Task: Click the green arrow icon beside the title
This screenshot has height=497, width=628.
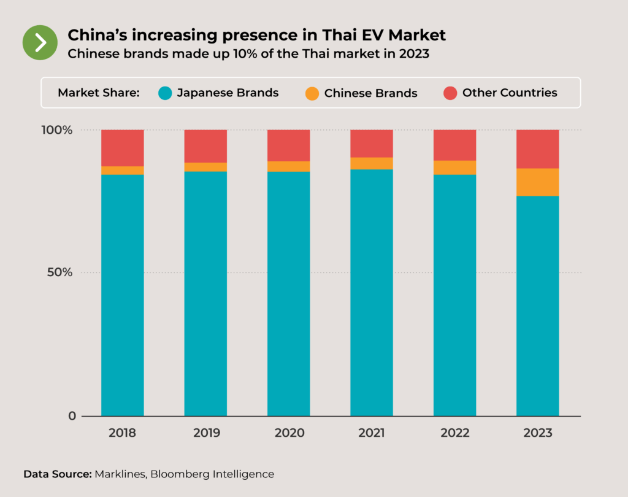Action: (x=40, y=42)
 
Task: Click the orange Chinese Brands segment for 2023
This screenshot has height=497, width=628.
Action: (x=537, y=182)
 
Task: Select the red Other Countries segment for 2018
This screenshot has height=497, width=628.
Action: (x=123, y=148)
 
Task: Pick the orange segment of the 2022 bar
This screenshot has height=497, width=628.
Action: (x=454, y=168)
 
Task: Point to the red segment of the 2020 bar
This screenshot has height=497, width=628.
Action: (x=288, y=145)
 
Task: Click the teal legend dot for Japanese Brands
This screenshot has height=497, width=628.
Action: (x=165, y=93)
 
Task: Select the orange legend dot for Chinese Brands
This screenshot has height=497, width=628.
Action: (x=312, y=94)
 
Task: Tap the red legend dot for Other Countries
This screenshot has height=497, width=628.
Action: (x=450, y=93)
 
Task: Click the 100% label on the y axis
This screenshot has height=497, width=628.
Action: (x=58, y=130)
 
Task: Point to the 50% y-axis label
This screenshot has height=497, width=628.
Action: (x=60, y=272)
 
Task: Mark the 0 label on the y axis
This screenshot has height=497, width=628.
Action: (x=72, y=416)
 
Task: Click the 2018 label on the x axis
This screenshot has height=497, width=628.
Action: (x=123, y=433)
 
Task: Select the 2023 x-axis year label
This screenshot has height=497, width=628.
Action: (x=538, y=433)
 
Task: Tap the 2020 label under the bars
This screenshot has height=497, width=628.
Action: (x=289, y=433)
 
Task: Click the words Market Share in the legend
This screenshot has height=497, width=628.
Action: (x=99, y=93)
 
